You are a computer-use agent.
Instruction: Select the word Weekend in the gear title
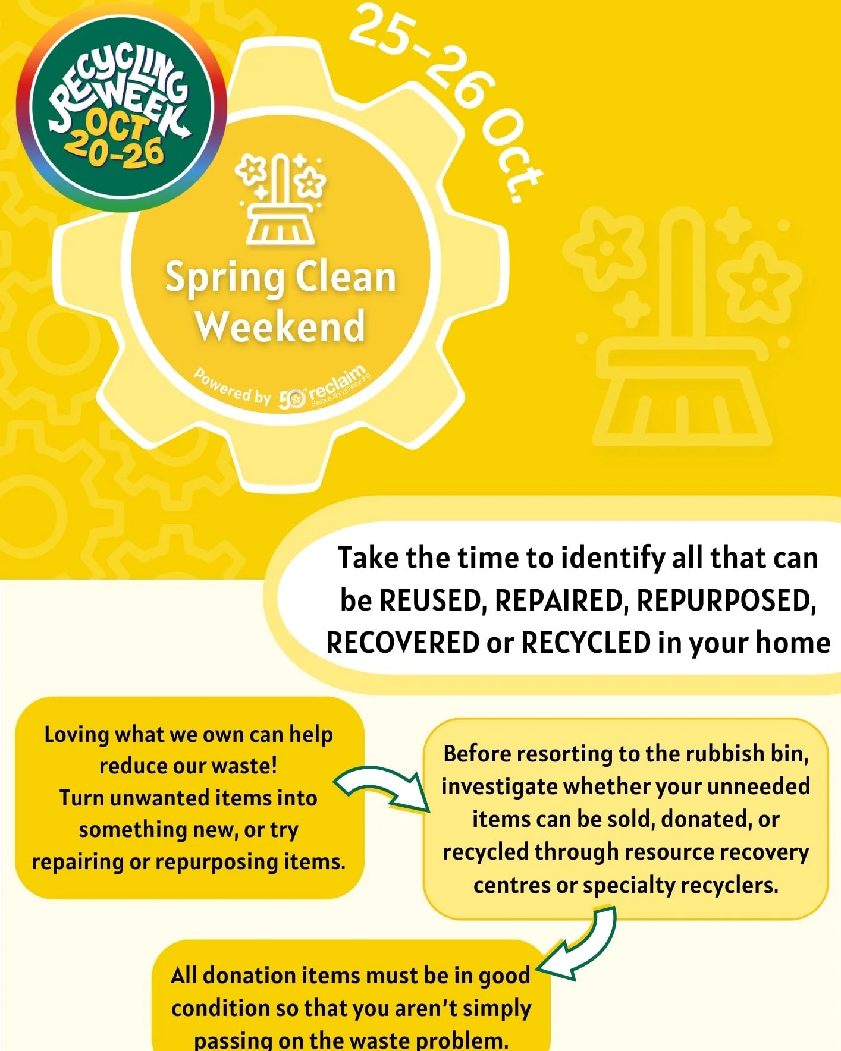[x=280, y=326]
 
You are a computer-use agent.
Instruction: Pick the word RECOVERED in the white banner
[x=403, y=643]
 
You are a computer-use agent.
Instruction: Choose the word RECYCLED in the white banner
[x=586, y=643]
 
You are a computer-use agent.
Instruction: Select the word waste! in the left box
[x=249, y=766]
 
